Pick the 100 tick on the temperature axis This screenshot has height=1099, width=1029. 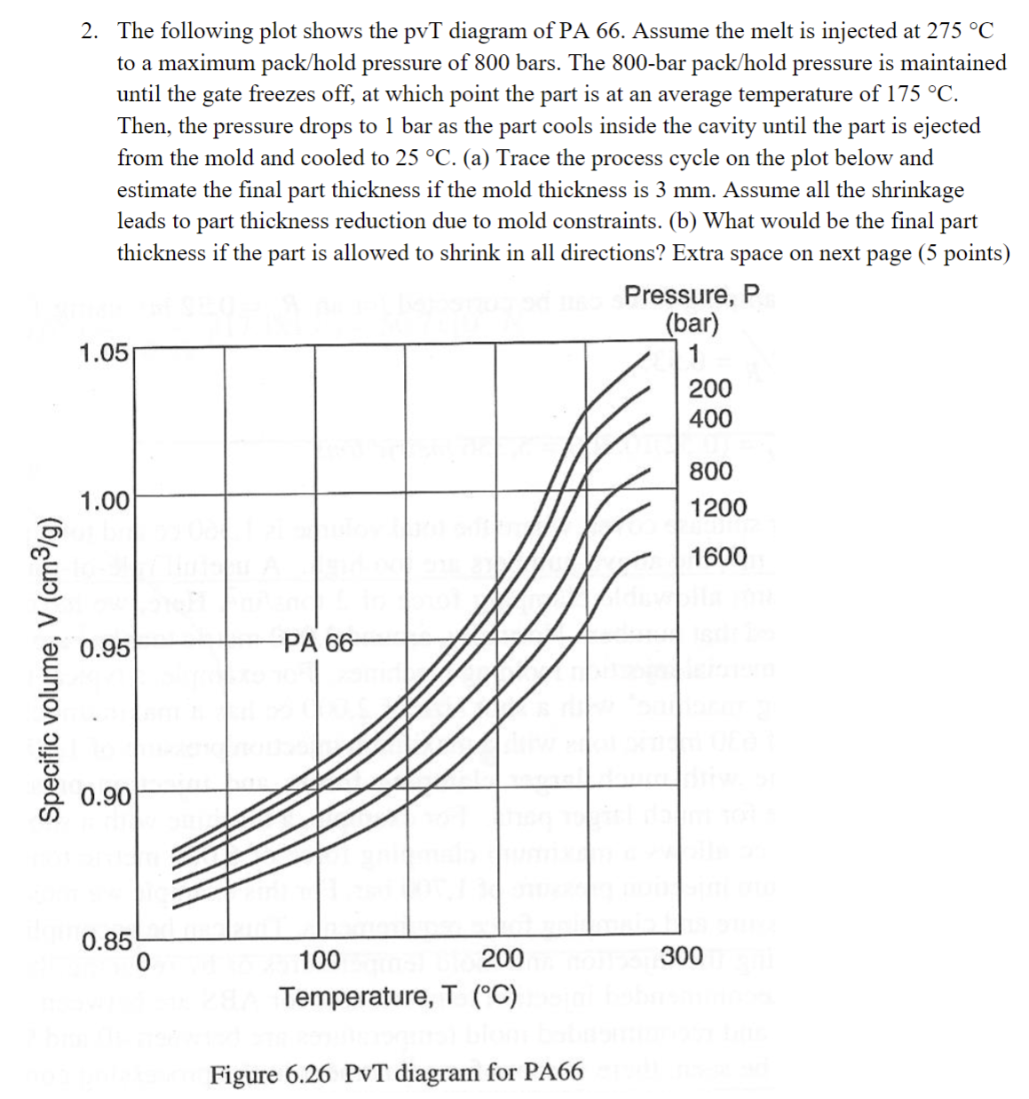(320, 960)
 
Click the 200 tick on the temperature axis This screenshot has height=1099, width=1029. (502, 959)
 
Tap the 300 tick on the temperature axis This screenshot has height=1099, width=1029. (682, 957)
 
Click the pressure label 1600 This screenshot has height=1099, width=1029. (718, 557)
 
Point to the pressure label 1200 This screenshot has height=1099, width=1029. (718, 509)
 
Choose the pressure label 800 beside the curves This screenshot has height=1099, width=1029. (710, 470)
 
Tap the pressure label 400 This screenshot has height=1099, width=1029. (710, 418)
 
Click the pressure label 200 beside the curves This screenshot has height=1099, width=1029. (710, 388)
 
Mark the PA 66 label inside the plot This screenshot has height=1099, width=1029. (318, 643)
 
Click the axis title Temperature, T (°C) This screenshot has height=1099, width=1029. (399, 996)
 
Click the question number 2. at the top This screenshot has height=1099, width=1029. (91, 31)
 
